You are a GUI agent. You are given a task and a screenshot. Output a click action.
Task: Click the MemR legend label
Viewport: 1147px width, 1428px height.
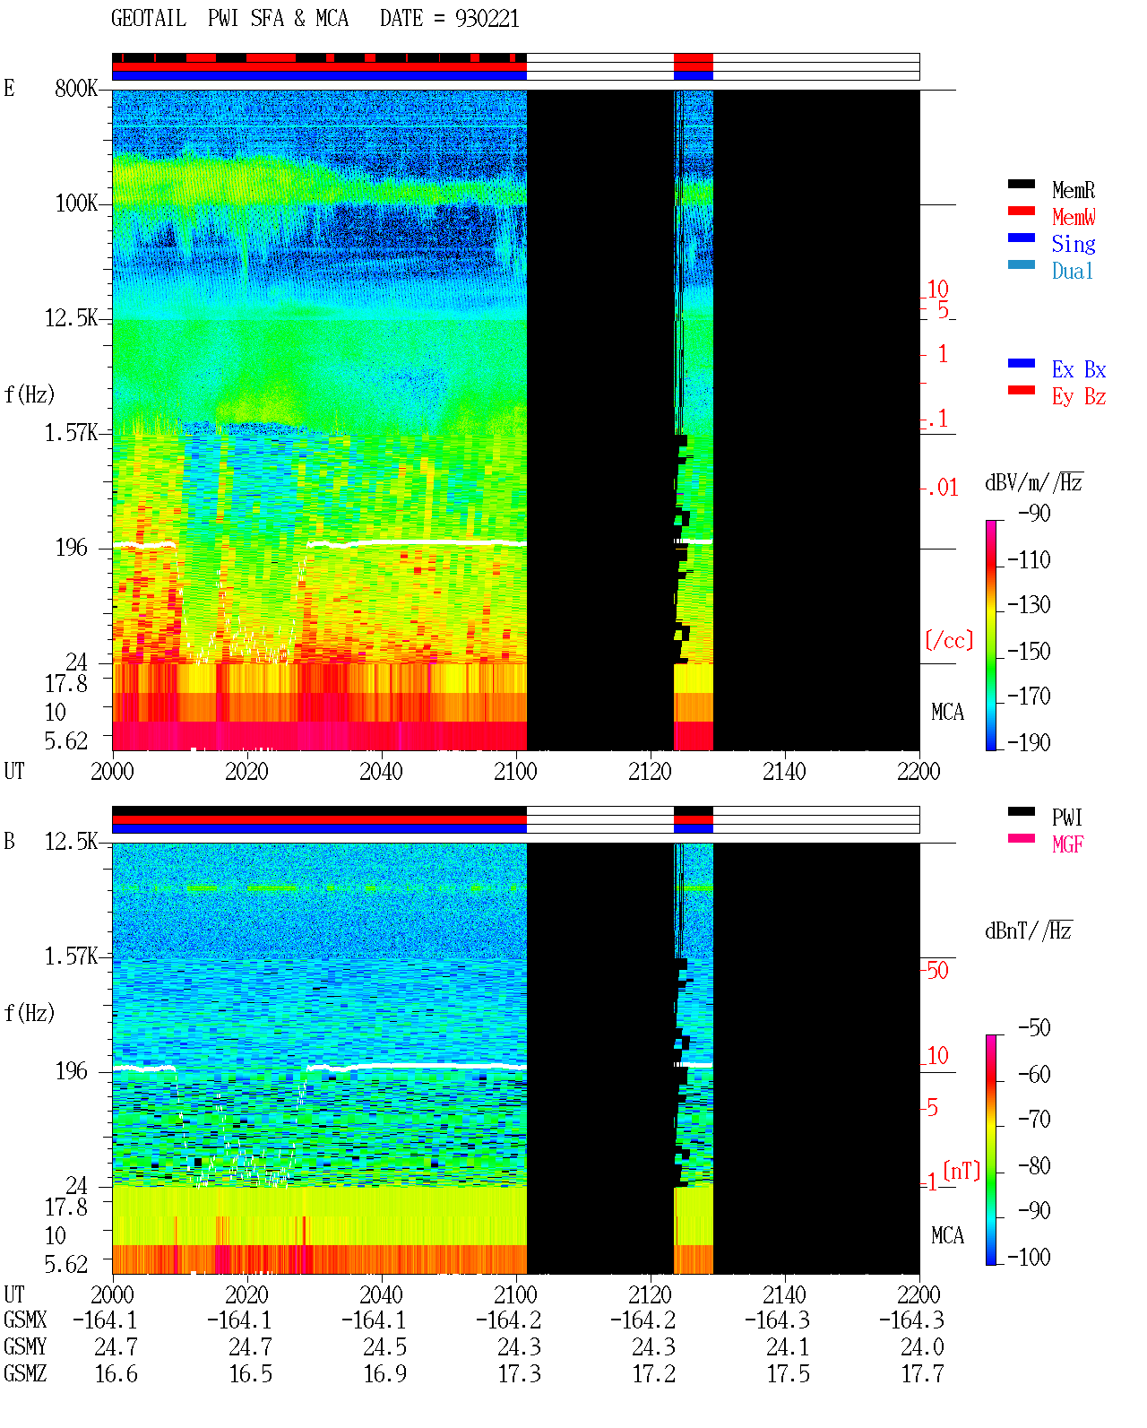point(1073,190)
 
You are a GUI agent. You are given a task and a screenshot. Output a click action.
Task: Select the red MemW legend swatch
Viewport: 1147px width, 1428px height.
point(1021,211)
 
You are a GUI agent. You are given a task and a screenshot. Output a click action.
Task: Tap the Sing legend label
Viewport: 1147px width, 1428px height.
point(1073,244)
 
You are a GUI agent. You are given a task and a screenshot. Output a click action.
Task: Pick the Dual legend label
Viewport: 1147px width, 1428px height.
point(1072,271)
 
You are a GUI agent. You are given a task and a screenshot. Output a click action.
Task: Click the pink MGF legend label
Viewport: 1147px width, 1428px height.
point(1067,844)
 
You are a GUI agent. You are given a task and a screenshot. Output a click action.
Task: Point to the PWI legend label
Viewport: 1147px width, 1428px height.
point(1066,817)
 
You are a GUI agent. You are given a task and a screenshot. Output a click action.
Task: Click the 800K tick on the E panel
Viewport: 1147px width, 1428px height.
point(76,88)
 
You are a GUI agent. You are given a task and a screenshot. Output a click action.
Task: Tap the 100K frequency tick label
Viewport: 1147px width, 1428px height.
point(76,203)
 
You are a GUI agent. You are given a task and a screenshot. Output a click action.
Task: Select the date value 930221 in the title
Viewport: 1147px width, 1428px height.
point(487,19)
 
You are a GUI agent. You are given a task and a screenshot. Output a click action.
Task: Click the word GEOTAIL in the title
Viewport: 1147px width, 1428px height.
point(149,19)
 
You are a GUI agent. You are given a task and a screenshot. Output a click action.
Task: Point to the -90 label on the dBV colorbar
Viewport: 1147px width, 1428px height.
point(1034,513)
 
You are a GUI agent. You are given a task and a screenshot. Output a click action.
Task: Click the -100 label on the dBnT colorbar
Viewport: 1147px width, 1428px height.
point(1029,1257)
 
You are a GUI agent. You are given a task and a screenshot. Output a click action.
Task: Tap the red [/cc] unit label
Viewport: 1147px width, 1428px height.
point(949,640)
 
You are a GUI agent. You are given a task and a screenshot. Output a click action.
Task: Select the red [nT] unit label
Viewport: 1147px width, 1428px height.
point(962,1171)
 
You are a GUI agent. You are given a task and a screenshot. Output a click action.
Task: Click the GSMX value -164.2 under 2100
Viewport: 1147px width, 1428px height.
point(509,1320)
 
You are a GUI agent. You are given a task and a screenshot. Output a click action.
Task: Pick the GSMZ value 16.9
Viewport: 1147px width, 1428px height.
point(385,1373)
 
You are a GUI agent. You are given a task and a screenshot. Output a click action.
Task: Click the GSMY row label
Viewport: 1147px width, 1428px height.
point(25,1346)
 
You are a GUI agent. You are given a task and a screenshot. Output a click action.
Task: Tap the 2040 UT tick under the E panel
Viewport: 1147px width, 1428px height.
point(381,771)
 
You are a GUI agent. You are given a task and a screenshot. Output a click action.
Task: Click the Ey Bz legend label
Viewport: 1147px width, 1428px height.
point(1079,397)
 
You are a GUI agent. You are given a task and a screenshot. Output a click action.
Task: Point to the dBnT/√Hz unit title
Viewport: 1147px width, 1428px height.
point(1029,930)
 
